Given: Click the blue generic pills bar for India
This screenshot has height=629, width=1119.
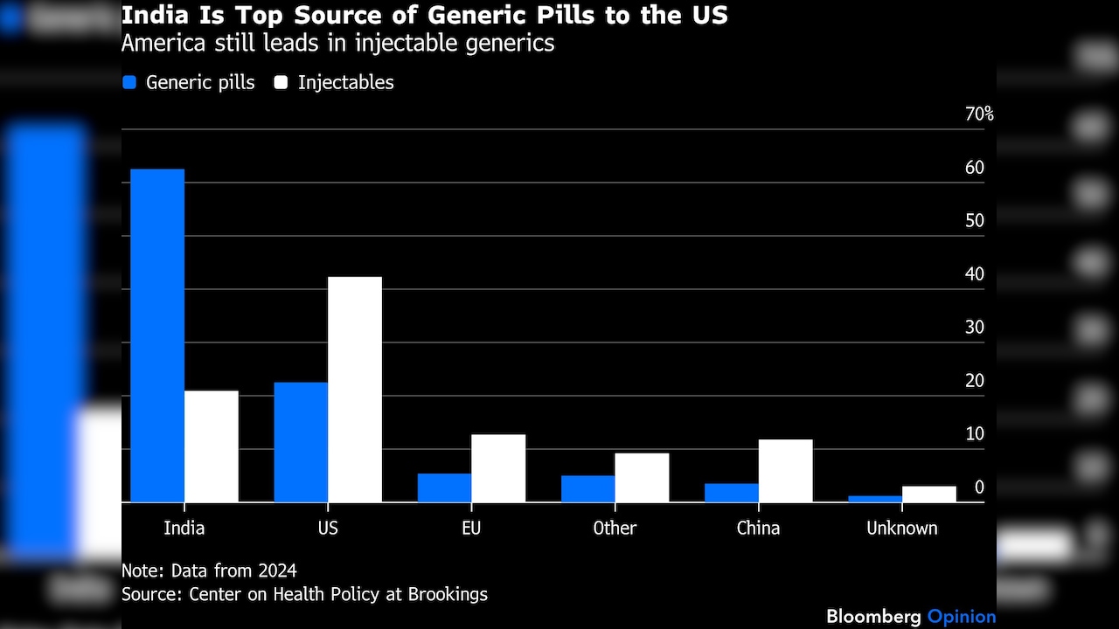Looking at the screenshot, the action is (157, 335).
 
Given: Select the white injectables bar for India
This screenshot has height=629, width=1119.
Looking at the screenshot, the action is (212, 446).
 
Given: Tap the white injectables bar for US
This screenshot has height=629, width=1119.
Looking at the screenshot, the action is (355, 390).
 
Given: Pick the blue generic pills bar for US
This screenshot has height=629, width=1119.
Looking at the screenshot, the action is (301, 442).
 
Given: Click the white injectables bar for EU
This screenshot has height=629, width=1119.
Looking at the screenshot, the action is (498, 468).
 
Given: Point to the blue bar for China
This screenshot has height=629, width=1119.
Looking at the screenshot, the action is (732, 493).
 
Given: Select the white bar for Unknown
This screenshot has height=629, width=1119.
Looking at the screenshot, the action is (929, 494).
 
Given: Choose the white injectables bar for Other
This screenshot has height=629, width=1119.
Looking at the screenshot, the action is (642, 478).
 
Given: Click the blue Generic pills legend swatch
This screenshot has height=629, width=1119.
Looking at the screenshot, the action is (129, 82).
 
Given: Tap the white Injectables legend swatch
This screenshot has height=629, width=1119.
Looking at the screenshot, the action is (281, 82).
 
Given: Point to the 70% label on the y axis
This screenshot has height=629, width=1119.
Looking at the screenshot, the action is (979, 114).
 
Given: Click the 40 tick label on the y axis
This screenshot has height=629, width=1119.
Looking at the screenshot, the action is (975, 274).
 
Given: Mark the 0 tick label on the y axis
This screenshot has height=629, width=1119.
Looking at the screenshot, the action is (979, 487).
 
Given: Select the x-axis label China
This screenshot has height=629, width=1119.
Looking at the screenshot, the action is (758, 529).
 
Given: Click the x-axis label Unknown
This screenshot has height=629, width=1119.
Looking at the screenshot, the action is (902, 529).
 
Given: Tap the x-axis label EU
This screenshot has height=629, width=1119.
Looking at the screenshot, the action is (471, 529).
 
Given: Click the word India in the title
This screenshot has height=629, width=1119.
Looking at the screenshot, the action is (155, 15).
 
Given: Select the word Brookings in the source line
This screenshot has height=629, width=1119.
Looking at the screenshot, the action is (448, 595).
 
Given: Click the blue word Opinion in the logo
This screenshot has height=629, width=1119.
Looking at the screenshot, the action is (962, 617).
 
